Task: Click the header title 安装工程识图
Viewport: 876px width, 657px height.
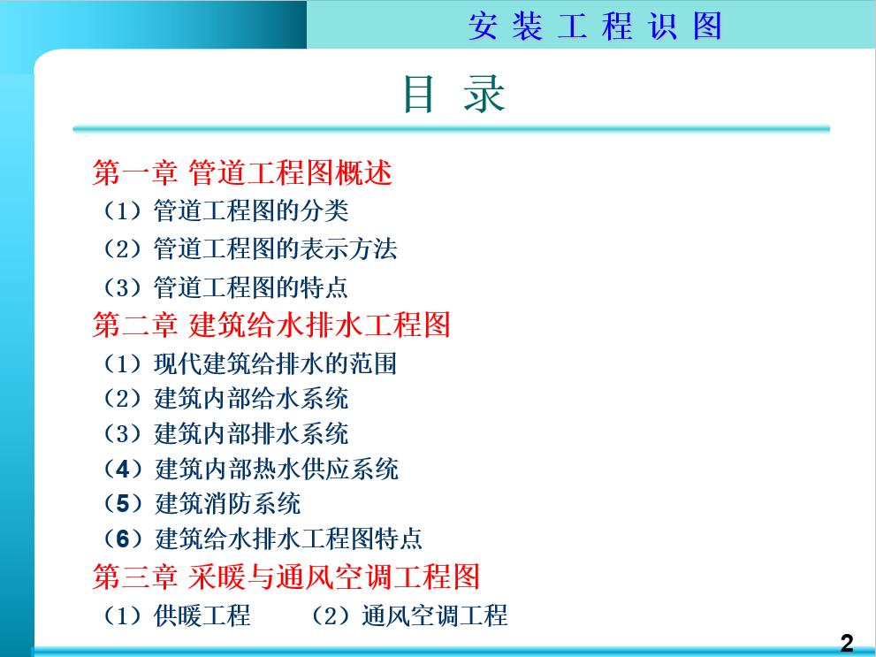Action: pos(595,27)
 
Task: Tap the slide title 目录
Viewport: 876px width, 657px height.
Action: pos(453,94)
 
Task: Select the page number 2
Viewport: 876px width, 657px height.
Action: pos(847,644)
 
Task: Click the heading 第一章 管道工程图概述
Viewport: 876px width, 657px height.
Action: pos(242,172)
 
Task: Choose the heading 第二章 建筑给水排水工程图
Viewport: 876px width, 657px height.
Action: pos(271,325)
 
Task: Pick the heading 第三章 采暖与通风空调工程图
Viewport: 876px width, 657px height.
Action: pos(286,577)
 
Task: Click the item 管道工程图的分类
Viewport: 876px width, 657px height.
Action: pos(251,210)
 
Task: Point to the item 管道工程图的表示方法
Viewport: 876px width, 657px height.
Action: pos(275,248)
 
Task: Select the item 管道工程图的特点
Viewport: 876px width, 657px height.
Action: pos(251,286)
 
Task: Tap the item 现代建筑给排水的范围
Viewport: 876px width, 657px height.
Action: pos(275,363)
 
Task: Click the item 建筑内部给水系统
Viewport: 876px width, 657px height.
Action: pos(251,398)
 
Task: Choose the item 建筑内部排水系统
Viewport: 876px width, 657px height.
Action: pos(251,433)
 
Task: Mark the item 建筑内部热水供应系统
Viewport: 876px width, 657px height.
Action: pos(277,469)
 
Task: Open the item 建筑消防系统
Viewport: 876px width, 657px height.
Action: pos(228,503)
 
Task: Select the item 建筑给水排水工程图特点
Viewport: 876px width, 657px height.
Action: pos(288,538)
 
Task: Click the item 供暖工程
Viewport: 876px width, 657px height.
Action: pos(202,615)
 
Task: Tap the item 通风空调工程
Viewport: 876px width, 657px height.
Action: pos(434,615)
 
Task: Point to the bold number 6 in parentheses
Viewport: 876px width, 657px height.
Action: pos(123,538)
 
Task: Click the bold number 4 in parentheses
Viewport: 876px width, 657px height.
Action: pos(123,469)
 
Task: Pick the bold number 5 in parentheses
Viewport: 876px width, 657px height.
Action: pos(123,503)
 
